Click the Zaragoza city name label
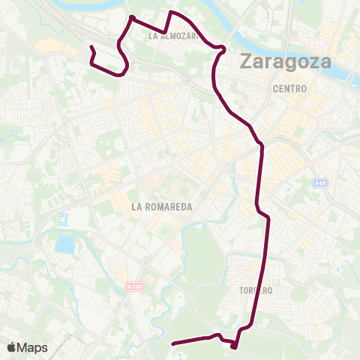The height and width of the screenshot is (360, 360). (x=285, y=61)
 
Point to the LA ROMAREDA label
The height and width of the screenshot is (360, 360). (x=162, y=206)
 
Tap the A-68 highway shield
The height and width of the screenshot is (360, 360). (x=320, y=183)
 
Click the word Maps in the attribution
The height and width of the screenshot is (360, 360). (x=33, y=347)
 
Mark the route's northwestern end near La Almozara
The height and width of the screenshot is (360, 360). (x=91, y=47)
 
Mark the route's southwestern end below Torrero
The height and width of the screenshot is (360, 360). (x=174, y=343)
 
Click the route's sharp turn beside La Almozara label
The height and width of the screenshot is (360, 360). (x=165, y=32)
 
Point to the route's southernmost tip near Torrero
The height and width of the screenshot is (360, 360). (x=234, y=346)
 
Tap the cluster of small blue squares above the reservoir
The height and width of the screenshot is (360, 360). (x=63, y=220)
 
